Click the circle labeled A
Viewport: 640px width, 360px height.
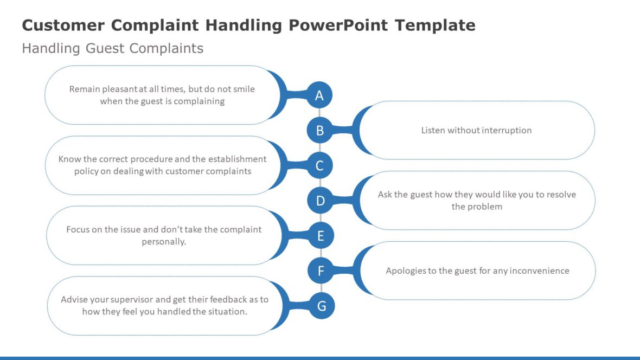[319, 96]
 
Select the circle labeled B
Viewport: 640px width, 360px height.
[319, 130]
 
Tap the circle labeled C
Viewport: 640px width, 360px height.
[319, 166]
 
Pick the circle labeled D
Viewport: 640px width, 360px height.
[320, 201]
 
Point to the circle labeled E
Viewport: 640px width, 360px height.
[321, 236]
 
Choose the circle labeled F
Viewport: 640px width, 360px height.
[321, 271]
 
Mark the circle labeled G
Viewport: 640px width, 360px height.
[322, 306]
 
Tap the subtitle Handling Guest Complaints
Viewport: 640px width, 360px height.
[112, 48]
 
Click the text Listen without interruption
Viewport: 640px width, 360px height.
[476, 130]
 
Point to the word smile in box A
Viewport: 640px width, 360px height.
[243, 89]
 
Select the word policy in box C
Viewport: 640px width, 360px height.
[85, 171]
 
